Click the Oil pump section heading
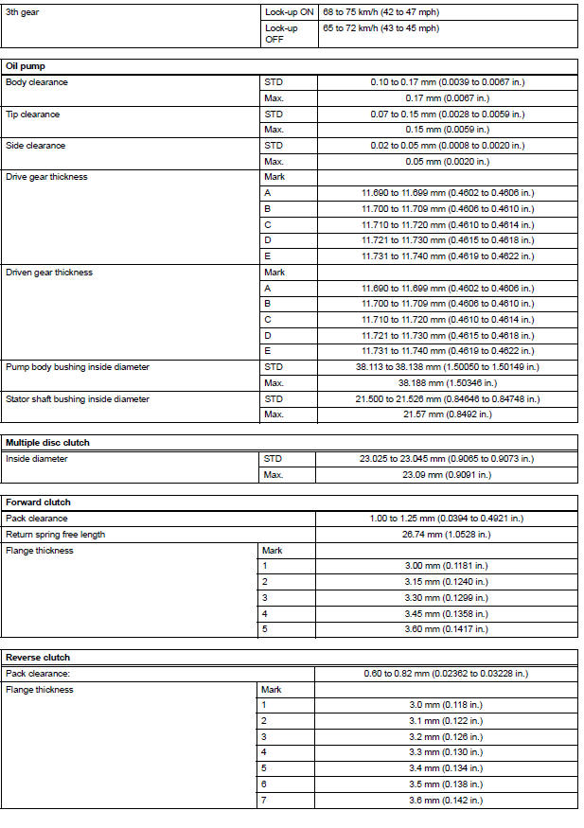26,66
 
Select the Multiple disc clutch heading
47,442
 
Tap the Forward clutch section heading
38,502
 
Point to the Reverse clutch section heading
38,657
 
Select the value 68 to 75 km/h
380,12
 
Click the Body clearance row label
37,82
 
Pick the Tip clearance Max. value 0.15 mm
447,130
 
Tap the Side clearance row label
36,146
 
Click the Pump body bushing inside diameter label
78,367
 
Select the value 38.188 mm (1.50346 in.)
447,383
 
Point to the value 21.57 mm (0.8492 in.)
447,414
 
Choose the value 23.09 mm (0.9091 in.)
447,474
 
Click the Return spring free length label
55,534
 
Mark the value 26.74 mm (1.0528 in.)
447,534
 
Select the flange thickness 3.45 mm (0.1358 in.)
447,613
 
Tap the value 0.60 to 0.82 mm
446,673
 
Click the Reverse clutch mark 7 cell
265,801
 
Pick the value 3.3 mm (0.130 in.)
447,752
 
